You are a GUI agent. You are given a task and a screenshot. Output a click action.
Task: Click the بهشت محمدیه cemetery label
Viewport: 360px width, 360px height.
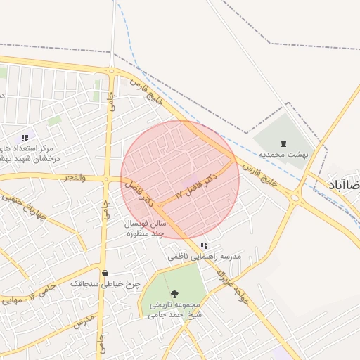coord(283,153)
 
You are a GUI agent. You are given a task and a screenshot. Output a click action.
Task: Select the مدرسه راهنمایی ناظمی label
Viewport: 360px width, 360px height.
coord(205,257)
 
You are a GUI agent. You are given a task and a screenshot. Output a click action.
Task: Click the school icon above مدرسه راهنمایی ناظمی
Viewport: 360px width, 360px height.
coord(204,246)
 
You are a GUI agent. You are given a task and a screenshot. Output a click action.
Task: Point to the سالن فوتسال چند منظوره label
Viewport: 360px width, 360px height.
coord(145,228)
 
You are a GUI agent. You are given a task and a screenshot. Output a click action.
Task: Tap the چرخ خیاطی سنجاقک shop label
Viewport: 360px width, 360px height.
coord(105,283)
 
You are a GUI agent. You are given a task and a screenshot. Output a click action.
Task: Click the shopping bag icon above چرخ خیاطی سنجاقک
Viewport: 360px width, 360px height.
coord(105,274)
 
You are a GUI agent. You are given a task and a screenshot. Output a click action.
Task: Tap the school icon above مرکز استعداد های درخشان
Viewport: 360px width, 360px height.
coord(25,139)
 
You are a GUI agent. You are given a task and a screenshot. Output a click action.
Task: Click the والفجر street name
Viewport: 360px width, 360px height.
coord(74,178)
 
